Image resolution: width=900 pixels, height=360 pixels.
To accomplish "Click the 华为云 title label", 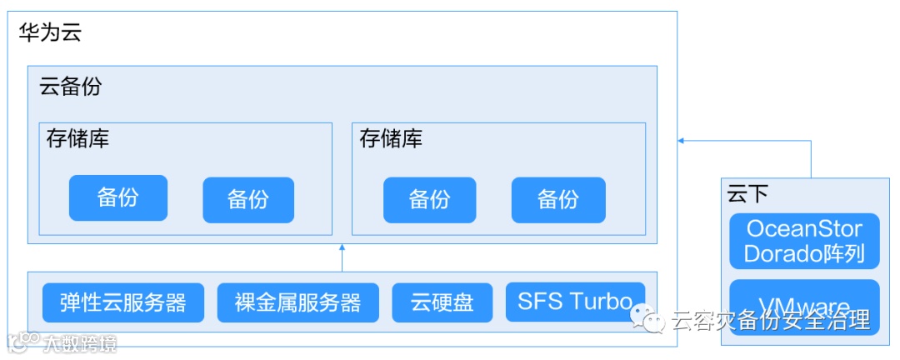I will [50, 33].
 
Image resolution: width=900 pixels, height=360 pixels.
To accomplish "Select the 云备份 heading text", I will [70, 87].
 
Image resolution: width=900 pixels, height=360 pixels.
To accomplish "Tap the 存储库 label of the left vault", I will [77, 138].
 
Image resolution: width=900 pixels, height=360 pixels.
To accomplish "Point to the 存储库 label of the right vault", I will [391, 138].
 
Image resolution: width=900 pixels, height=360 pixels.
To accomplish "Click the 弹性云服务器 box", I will [123, 302].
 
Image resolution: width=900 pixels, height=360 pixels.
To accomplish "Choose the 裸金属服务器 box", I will [297, 302].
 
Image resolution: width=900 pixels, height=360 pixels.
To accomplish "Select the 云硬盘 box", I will [442, 302].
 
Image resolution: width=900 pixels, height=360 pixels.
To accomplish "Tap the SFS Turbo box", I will [574, 301].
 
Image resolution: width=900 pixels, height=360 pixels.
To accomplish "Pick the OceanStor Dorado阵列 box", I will [804, 241].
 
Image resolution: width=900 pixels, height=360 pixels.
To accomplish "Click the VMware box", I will [804, 307].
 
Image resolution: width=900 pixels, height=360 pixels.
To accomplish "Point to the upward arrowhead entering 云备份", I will [342, 248].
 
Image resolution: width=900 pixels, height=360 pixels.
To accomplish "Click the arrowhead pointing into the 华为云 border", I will [682, 141].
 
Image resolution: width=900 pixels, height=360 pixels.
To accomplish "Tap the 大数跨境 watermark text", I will [81, 342].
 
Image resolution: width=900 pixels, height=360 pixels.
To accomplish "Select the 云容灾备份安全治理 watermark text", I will [770, 320].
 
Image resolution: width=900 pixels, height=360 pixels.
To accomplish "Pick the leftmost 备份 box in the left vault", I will [117, 197].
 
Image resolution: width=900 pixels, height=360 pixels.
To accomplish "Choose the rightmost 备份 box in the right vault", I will [557, 200].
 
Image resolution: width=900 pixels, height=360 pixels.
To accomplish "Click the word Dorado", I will [779, 253].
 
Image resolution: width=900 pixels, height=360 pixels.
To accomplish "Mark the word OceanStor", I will [804, 228].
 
